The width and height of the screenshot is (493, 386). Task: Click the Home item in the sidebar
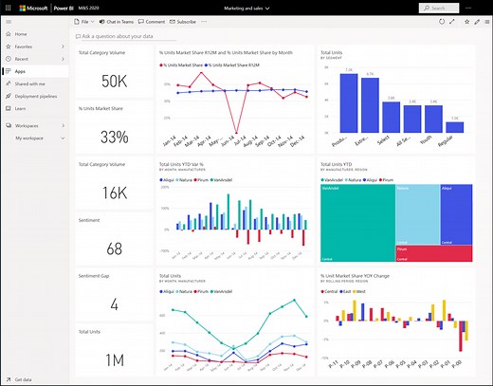click(x=21, y=33)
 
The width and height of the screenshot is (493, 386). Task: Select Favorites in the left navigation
click(x=24, y=46)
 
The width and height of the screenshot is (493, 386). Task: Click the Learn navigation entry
click(x=21, y=108)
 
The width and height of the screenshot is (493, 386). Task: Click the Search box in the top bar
click(x=451, y=8)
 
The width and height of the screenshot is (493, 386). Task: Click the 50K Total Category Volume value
click(x=114, y=81)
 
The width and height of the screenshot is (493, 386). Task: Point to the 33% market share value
click(x=114, y=138)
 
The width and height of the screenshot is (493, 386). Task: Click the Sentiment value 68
click(x=114, y=248)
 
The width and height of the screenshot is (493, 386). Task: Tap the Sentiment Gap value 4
click(x=114, y=304)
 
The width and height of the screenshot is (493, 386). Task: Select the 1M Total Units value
click(x=114, y=359)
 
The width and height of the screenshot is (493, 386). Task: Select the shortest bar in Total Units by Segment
click(x=454, y=125)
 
